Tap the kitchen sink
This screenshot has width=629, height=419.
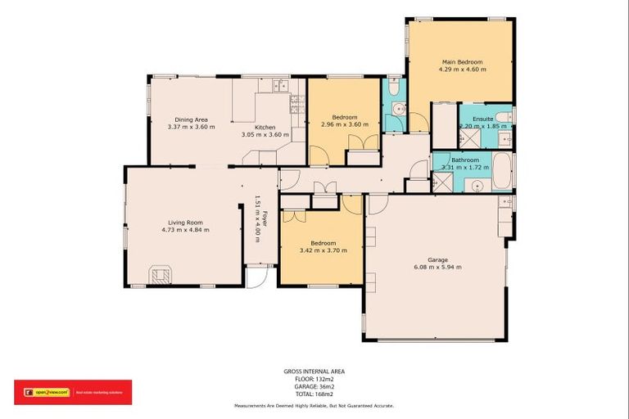[280, 83]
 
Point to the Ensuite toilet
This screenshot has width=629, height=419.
[505, 118]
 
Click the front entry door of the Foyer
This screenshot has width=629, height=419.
[256, 278]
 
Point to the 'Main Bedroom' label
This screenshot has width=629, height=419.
[462, 61]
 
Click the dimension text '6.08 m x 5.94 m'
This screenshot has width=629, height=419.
[437, 267]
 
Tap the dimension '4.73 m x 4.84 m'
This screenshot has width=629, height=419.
[185, 229]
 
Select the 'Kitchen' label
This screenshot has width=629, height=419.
[264, 128]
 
